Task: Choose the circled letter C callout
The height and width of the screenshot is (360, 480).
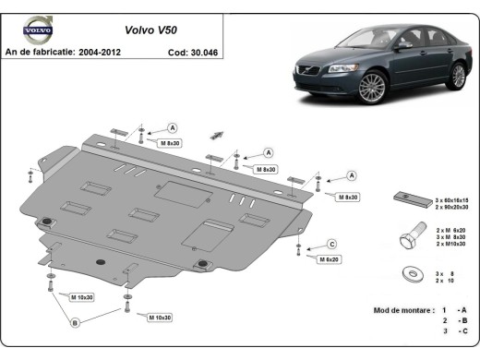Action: coord(330,244)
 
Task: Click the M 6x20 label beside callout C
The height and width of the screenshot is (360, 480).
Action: coord(330,260)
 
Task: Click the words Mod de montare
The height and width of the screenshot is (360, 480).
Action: coord(400,310)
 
